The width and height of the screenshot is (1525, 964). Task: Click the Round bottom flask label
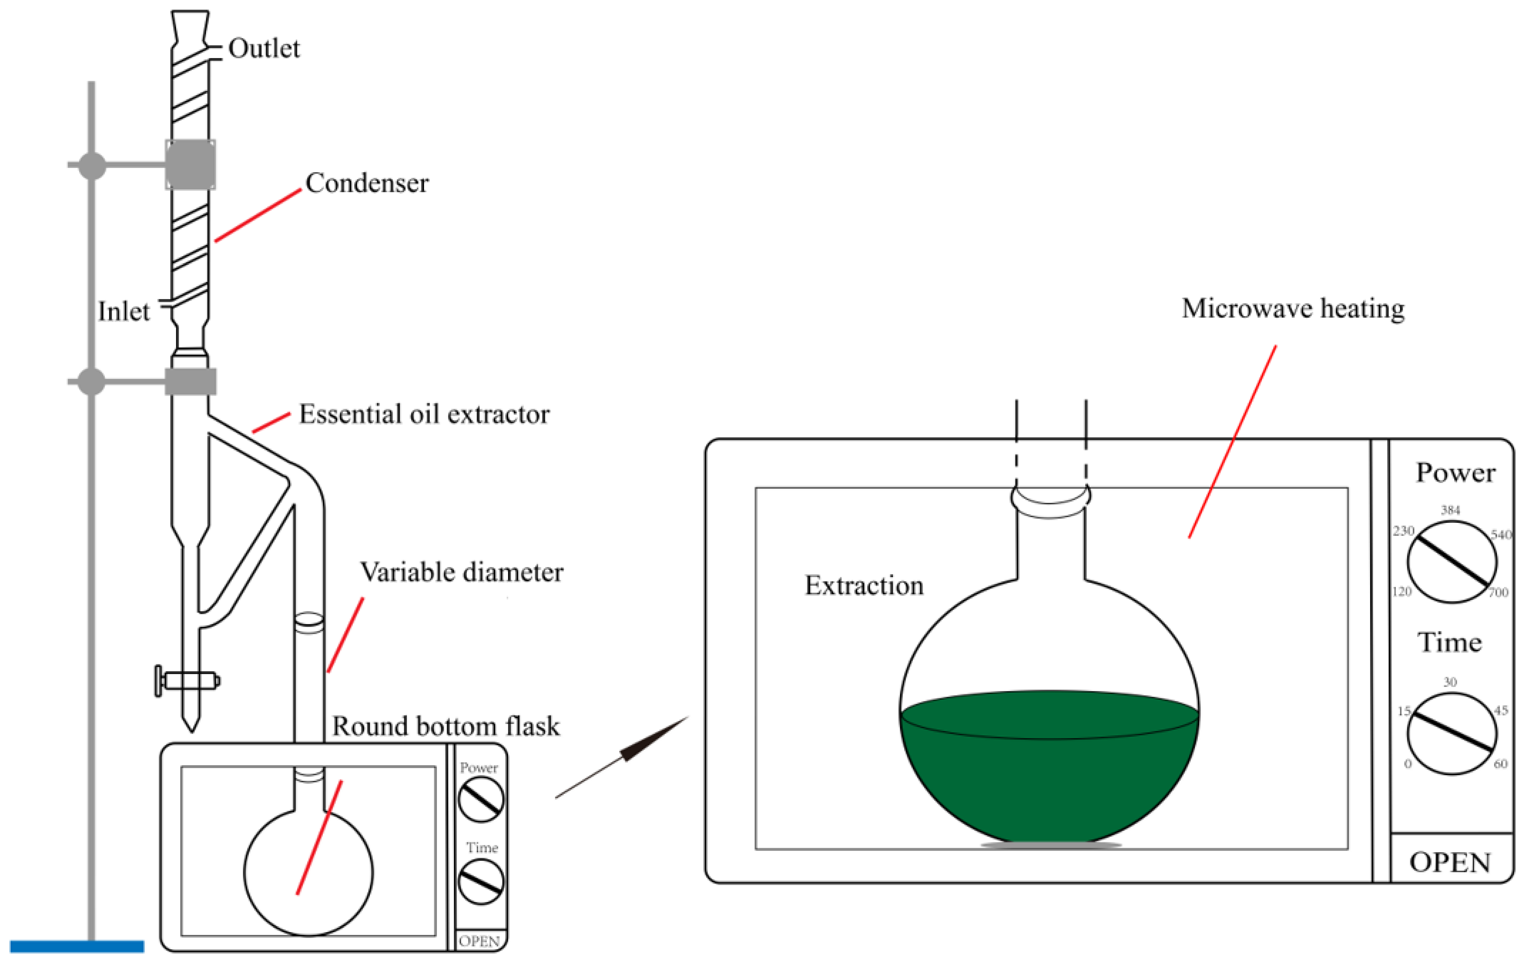pos(446,726)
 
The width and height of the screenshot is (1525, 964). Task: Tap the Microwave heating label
pos(1293,309)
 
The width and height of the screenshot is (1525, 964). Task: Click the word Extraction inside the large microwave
pos(864,585)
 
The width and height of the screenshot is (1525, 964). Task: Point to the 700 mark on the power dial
pos(1498,592)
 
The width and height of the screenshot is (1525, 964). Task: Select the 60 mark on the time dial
pos(1500,764)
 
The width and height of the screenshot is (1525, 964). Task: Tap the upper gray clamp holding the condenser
pos(190,165)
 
